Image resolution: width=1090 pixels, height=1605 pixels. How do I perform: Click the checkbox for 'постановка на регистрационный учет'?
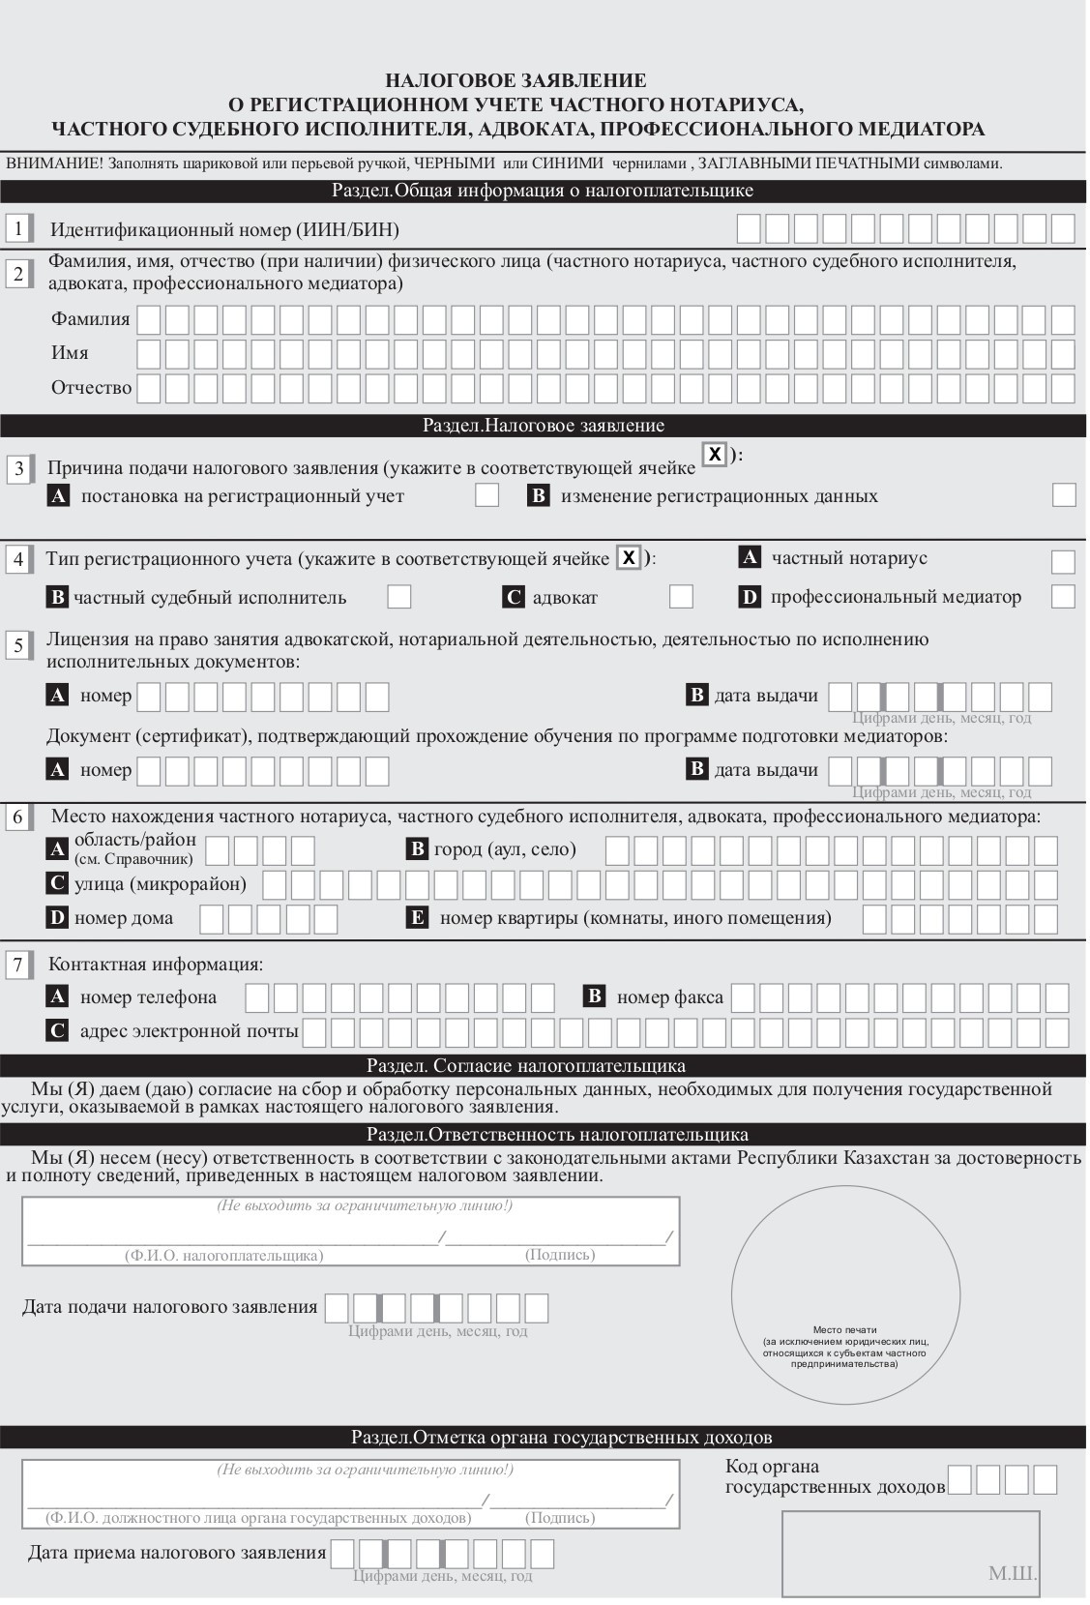(x=487, y=495)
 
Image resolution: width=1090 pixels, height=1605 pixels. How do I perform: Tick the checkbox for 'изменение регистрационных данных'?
(x=1064, y=494)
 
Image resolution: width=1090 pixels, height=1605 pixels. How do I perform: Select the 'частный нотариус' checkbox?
(x=1063, y=562)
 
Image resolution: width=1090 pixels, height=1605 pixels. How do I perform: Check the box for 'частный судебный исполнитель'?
(x=399, y=596)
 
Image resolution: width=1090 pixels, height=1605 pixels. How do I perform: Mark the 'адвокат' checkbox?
(x=681, y=596)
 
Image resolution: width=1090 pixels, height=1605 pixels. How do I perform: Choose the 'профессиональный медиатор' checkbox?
(x=1063, y=596)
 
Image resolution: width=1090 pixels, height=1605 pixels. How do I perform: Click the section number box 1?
(x=18, y=229)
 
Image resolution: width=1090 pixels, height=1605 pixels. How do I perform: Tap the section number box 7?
(x=18, y=965)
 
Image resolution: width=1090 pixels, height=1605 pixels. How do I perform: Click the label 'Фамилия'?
(x=91, y=319)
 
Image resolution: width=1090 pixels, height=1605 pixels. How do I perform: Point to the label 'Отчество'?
(x=91, y=388)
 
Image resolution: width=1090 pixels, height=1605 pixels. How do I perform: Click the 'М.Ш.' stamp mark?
(x=1012, y=1574)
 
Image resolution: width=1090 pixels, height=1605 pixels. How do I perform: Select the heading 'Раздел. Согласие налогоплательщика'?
(x=526, y=1066)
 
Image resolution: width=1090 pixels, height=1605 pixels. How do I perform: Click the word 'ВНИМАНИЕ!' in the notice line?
(x=54, y=163)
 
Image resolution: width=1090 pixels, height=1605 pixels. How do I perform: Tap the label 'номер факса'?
(x=669, y=997)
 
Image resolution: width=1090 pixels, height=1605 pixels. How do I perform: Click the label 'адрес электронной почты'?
(x=189, y=1031)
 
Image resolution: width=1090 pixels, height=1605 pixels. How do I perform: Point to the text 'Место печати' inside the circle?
(x=845, y=1330)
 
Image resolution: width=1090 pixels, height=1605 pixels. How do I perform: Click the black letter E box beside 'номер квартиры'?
(x=418, y=918)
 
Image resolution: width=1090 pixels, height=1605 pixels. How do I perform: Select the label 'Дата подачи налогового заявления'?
(x=170, y=1308)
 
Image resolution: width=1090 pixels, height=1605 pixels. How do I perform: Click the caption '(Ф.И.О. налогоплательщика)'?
(x=223, y=1256)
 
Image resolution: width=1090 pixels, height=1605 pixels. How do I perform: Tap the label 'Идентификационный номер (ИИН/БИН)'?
(x=224, y=230)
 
